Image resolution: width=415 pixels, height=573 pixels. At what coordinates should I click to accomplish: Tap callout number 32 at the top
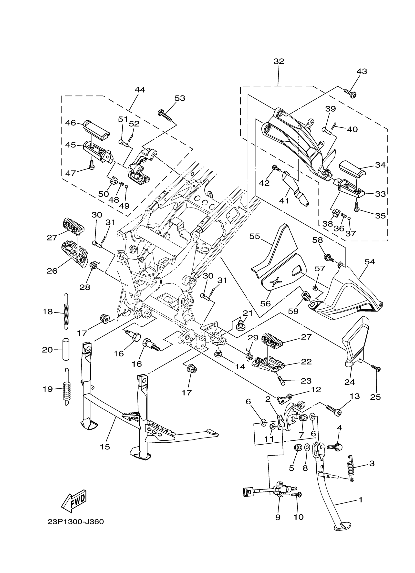[279, 61]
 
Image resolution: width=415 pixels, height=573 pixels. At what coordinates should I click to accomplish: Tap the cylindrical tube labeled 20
[66, 350]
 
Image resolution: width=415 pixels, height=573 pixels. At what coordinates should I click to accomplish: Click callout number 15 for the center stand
[105, 447]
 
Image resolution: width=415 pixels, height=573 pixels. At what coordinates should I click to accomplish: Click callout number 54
[370, 262]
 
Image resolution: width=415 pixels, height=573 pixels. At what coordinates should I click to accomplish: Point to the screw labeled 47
[92, 165]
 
